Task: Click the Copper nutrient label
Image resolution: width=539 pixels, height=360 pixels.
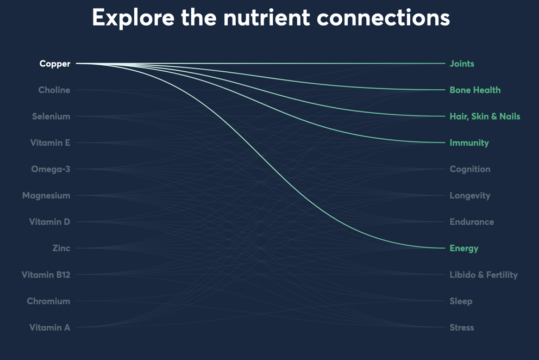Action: (x=55, y=64)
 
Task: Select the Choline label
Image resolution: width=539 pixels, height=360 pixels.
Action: (x=54, y=90)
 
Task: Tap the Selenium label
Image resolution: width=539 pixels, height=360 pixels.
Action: (x=51, y=116)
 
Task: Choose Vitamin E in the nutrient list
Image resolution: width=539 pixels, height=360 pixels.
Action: (x=50, y=143)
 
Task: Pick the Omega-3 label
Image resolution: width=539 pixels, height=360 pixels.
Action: (x=51, y=169)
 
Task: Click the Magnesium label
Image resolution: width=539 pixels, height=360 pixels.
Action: (x=46, y=196)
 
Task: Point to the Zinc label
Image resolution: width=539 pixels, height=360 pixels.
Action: (x=61, y=248)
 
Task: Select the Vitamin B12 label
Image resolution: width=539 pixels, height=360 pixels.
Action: (x=46, y=275)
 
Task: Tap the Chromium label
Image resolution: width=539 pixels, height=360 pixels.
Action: (x=48, y=301)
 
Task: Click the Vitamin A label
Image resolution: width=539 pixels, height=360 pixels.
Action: (x=50, y=327)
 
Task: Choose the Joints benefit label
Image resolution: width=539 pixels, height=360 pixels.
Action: (x=462, y=64)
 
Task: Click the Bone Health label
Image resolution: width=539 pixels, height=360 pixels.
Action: (x=475, y=90)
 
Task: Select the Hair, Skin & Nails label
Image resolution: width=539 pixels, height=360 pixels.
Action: (x=485, y=116)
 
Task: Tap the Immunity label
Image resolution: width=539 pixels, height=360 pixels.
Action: (x=469, y=143)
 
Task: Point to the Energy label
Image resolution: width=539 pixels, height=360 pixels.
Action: (x=464, y=249)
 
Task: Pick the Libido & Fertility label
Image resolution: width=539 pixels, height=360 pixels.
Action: (x=484, y=275)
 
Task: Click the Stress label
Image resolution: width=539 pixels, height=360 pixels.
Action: (x=462, y=328)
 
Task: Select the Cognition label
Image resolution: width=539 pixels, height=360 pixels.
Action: (x=470, y=169)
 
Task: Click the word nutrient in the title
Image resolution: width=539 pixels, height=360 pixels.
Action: (x=267, y=18)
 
